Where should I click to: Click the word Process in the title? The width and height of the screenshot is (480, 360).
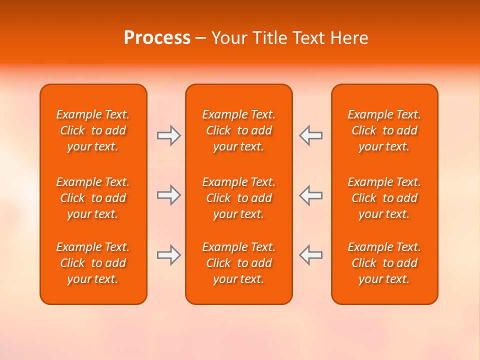click(157, 38)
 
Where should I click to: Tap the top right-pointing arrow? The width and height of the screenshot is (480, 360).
click(168, 135)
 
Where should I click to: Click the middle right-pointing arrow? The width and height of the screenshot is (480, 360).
click(168, 195)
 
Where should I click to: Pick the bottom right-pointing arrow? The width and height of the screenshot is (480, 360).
click(168, 255)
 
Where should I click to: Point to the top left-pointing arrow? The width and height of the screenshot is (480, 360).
click(311, 135)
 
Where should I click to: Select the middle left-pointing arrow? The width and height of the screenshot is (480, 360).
click(311, 195)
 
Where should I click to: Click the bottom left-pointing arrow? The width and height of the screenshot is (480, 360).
click(311, 255)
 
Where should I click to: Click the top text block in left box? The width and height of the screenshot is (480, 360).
click(93, 130)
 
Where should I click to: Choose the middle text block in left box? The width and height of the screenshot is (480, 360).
click(93, 198)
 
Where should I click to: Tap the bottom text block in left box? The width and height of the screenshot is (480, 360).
click(93, 263)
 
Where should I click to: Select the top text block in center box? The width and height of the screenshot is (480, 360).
click(239, 130)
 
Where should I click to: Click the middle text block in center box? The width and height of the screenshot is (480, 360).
click(239, 198)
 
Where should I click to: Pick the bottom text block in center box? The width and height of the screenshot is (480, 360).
click(239, 263)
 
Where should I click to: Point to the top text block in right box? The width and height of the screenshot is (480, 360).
click(384, 130)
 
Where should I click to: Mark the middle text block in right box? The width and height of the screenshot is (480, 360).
click(384, 198)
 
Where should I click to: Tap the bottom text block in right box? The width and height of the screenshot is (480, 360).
click(384, 263)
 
